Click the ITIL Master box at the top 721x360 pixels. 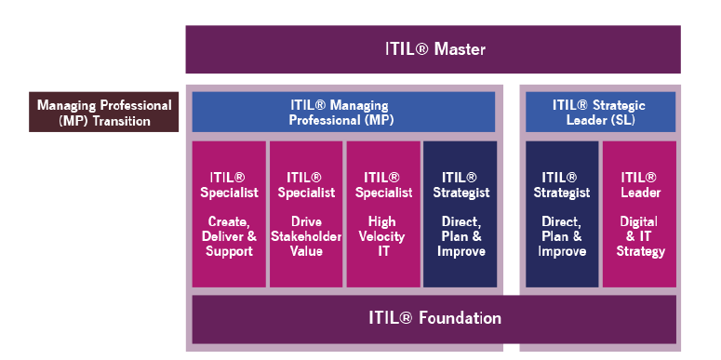[x=433, y=49]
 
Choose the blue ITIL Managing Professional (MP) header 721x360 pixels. [x=343, y=112]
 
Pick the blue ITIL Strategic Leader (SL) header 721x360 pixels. [x=600, y=112]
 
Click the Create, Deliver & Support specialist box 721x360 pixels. [x=229, y=213]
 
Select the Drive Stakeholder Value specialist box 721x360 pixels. [x=305, y=213]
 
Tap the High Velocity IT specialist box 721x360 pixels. [x=382, y=213]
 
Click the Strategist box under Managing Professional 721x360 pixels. [x=460, y=213]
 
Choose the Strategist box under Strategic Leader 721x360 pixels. [x=562, y=213]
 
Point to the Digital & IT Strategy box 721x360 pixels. [x=638, y=213]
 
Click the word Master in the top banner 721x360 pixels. [x=461, y=49]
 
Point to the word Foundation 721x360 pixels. [x=459, y=318]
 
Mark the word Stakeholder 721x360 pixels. [x=305, y=236]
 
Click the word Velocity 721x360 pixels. [x=382, y=236]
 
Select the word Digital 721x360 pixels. [x=638, y=221]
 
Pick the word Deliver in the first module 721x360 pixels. [x=220, y=236]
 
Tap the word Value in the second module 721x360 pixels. [x=305, y=251]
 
